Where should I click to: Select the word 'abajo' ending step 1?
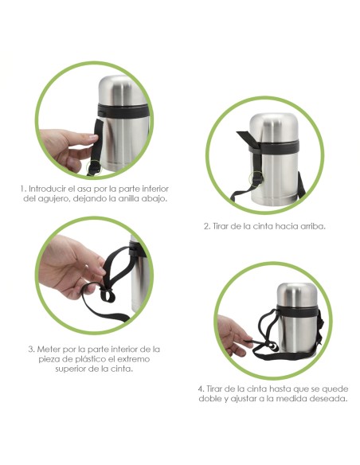pyautogui.click(x=152, y=198)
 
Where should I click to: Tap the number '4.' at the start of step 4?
pyautogui.click(x=201, y=389)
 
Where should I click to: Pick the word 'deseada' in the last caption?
pyautogui.click(x=328, y=399)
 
